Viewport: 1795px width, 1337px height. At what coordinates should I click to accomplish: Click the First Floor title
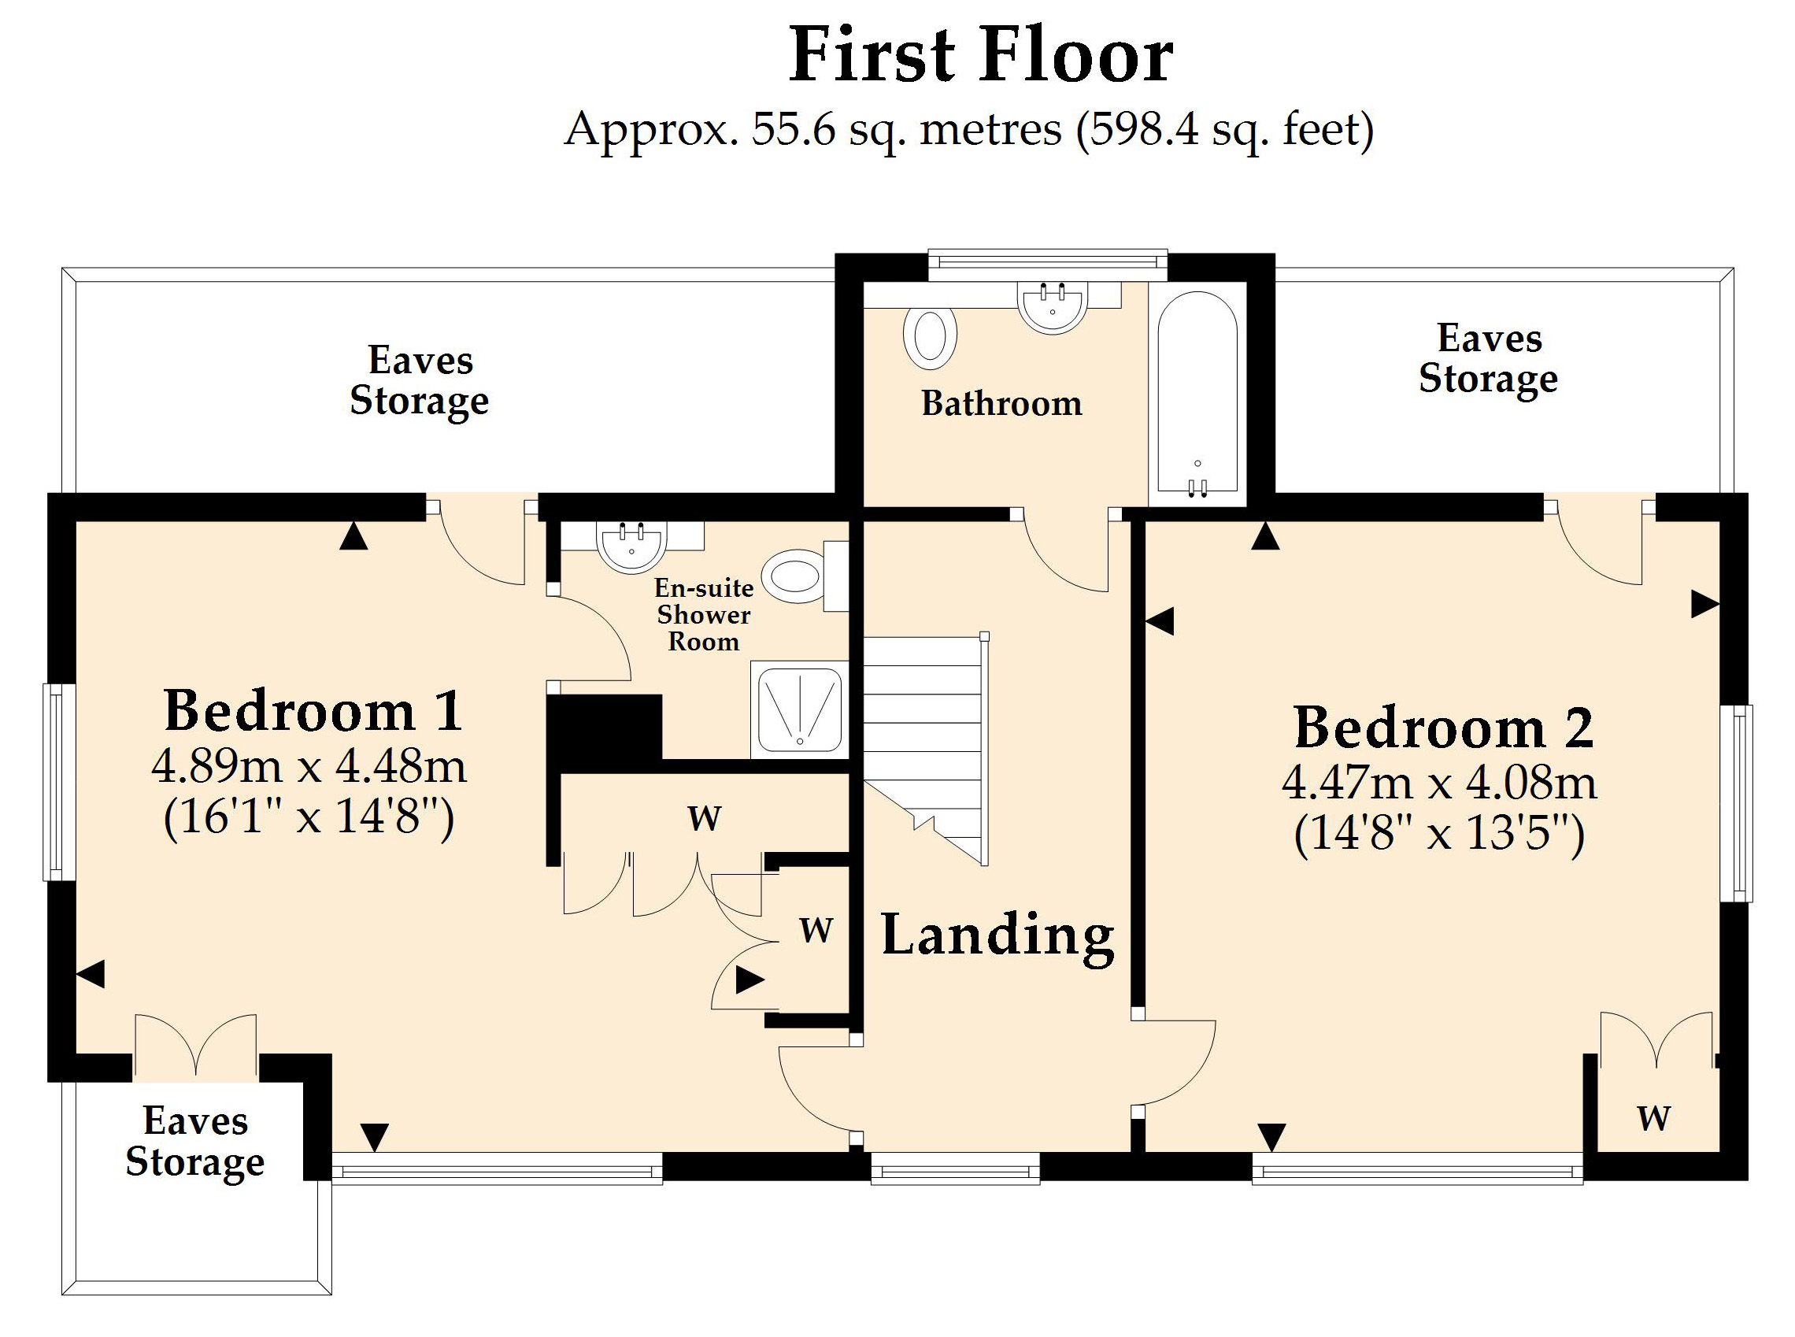click(x=980, y=55)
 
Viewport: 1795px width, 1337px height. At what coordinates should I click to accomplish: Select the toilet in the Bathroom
click(x=931, y=336)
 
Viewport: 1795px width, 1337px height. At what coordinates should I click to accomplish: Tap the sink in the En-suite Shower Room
click(x=631, y=546)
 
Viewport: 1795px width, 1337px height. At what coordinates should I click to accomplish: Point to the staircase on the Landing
click(x=925, y=749)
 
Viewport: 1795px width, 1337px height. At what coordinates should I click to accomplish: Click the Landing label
click(x=997, y=937)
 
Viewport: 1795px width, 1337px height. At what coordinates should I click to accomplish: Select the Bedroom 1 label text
click(x=313, y=710)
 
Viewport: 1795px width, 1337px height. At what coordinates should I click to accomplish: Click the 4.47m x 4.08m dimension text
click(x=1440, y=783)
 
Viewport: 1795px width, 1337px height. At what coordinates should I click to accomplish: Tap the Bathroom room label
click(x=1002, y=403)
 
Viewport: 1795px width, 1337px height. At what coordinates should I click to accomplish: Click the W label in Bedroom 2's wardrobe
click(x=1654, y=1118)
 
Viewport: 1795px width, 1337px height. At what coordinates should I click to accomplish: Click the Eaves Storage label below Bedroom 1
click(x=195, y=1141)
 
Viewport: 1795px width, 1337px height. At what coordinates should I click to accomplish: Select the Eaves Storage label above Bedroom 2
click(x=1488, y=358)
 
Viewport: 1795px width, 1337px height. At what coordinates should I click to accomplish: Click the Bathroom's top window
click(x=1047, y=265)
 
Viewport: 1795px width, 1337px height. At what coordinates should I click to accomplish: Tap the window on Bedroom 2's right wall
click(x=1736, y=804)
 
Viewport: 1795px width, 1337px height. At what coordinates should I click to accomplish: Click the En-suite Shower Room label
click(x=704, y=615)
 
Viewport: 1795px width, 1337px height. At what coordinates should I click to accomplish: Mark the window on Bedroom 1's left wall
click(x=59, y=782)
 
